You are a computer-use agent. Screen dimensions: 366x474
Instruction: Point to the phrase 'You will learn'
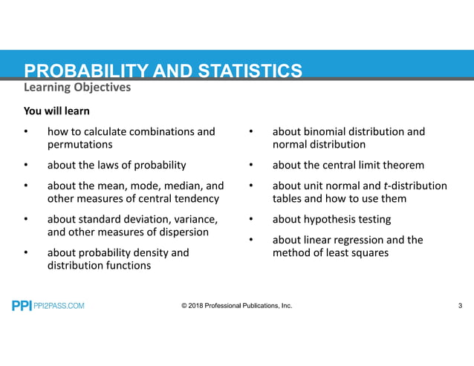tap(57, 111)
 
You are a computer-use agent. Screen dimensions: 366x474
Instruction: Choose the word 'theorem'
tap(400, 165)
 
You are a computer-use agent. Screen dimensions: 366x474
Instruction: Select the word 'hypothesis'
tap(333, 219)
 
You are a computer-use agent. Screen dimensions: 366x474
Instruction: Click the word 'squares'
tap(367, 252)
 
